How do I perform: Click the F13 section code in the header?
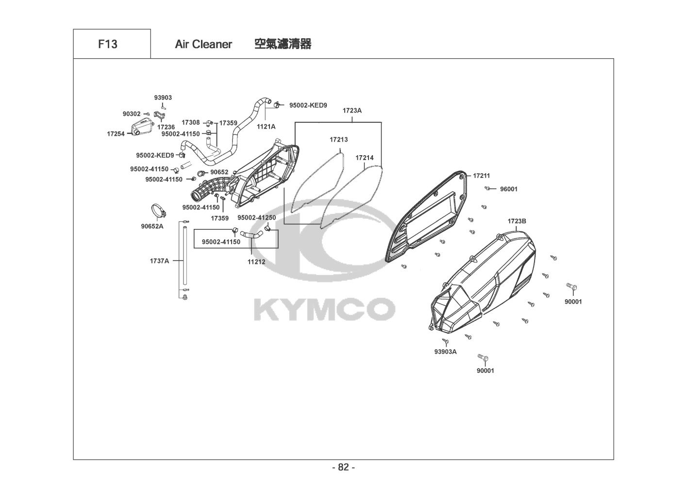(107, 44)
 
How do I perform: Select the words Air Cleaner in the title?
(203, 44)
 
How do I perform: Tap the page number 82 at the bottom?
(343, 468)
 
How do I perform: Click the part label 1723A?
(352, 111)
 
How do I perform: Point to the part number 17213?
(338, 140)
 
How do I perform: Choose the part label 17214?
(364, 158)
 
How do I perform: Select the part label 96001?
(509, 189)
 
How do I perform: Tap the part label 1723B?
(517, 221)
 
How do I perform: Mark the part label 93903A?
(445, 352)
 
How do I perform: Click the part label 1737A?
(159, 261)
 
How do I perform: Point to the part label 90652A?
(152, 226)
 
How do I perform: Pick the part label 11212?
(256, 262)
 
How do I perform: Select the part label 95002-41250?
(257, 218)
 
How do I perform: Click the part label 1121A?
(266, 127)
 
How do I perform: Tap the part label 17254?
(116, 133)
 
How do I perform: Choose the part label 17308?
(191, 123)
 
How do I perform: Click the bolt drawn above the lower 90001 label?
(484, 359)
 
